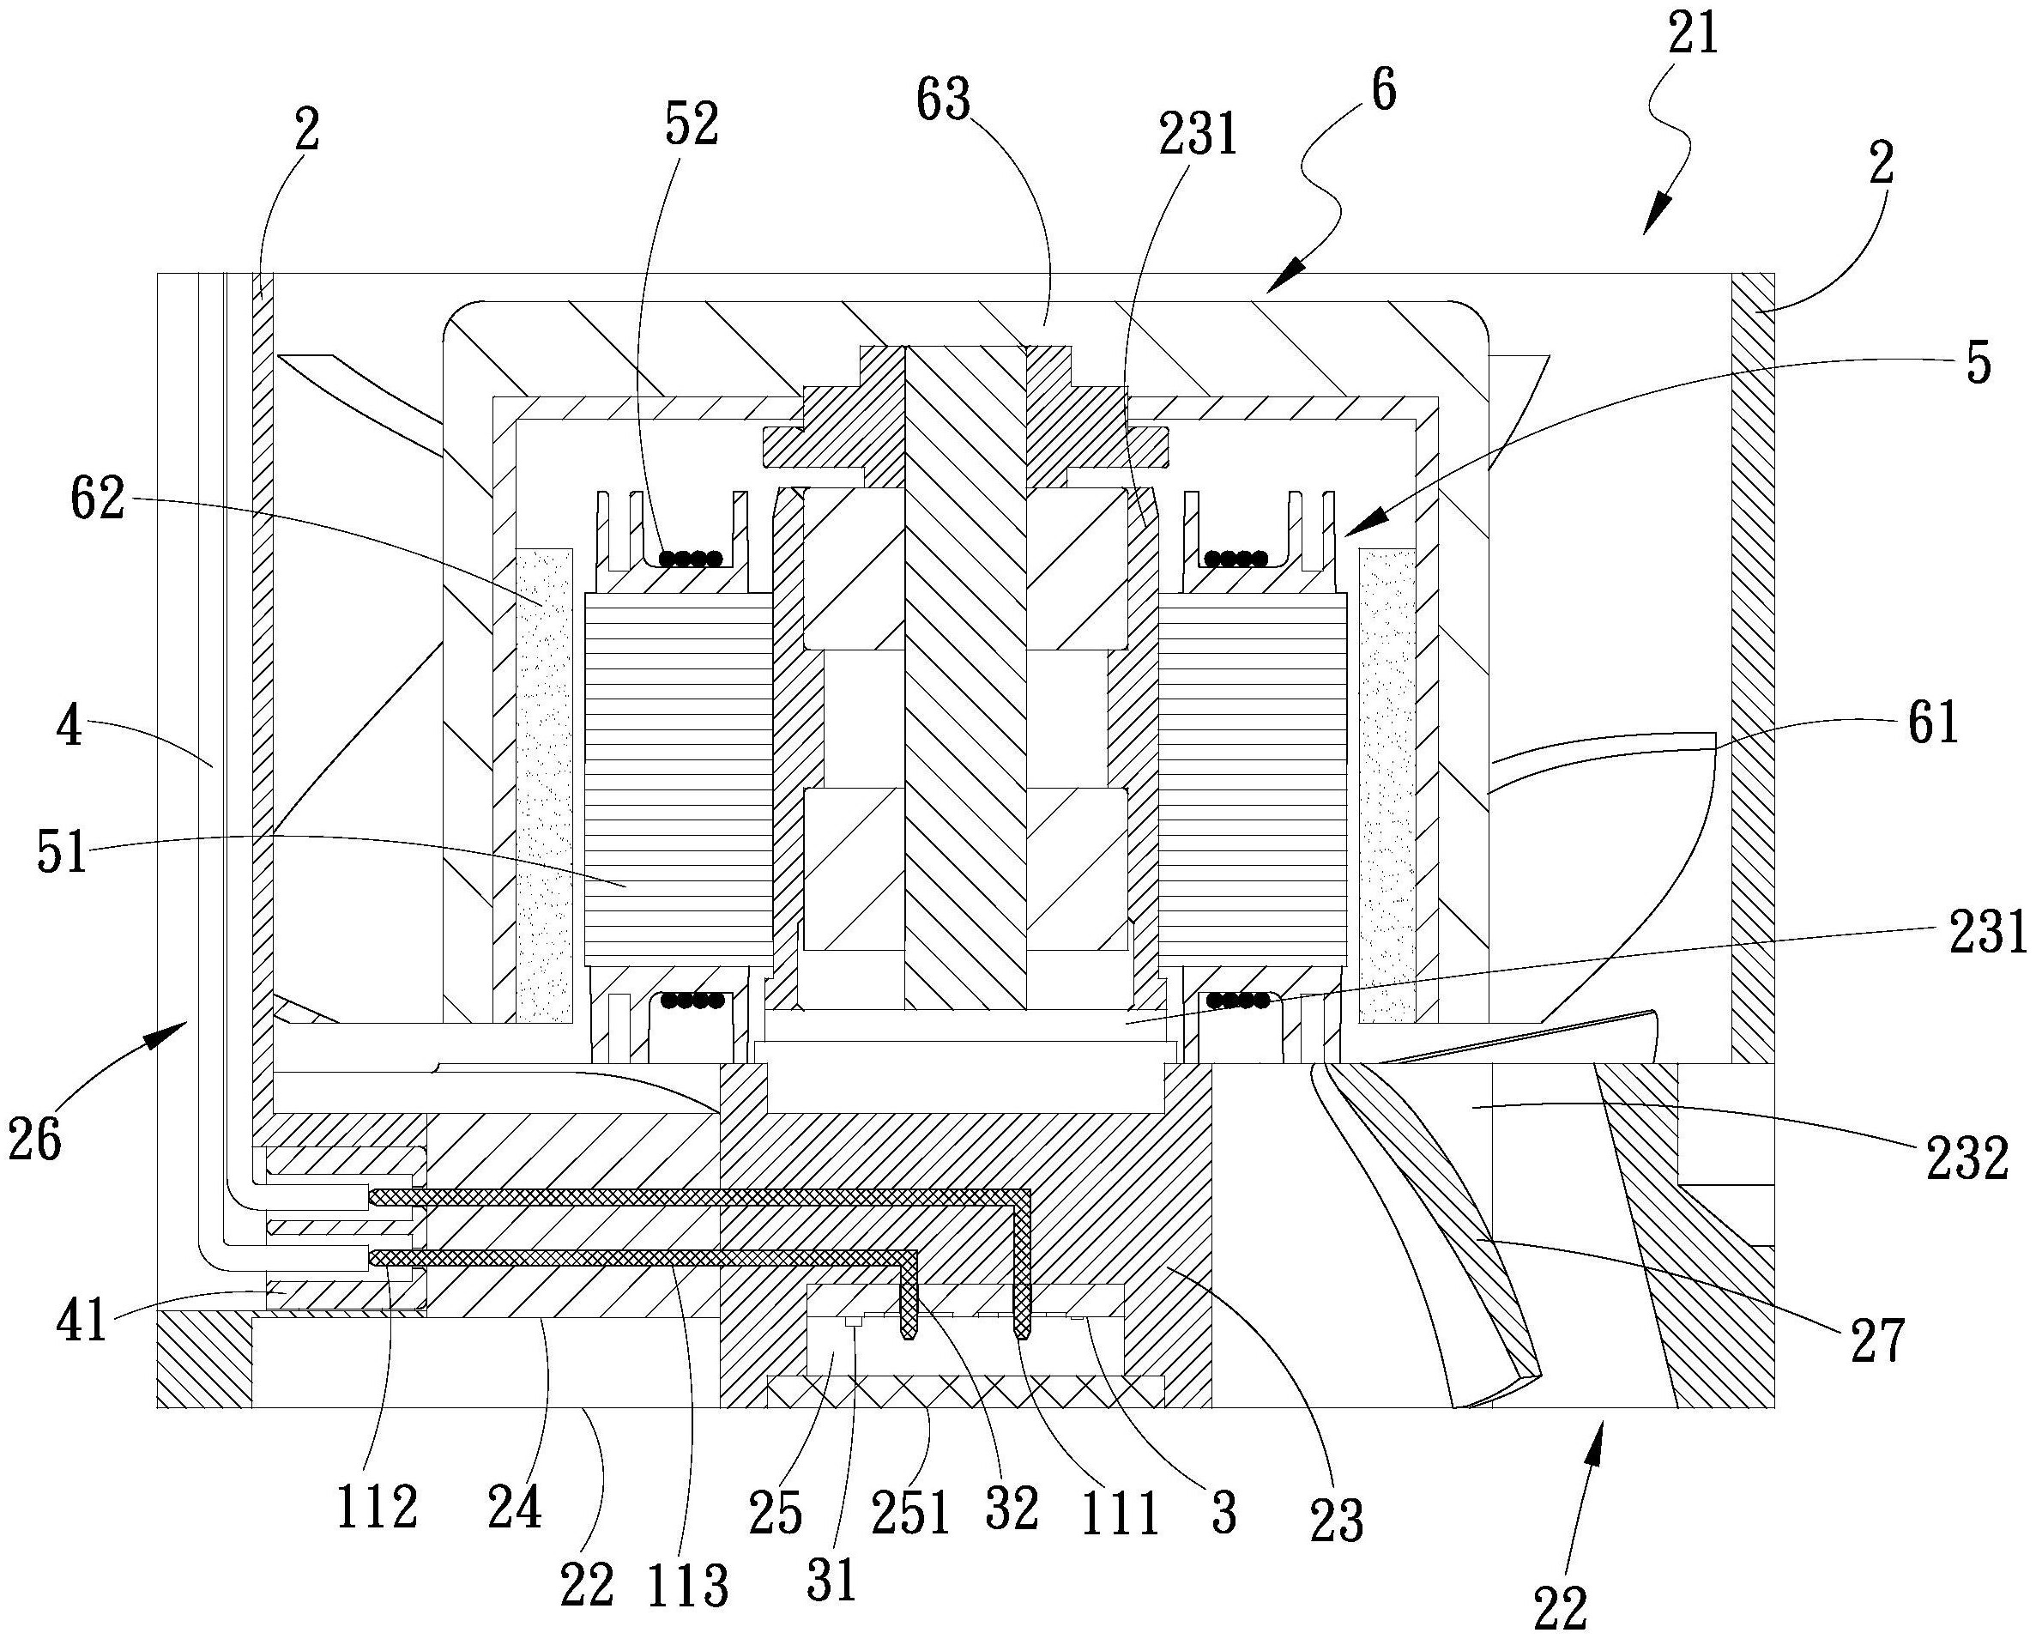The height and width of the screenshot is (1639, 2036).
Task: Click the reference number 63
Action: click(944, 100)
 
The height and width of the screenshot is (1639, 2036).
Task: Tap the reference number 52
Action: click(692, 124)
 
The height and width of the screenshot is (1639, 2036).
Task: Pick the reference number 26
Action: click(35, 1140)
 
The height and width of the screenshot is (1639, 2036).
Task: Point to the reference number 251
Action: click(910, 1514)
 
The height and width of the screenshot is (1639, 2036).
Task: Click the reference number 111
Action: click(1119, 1514)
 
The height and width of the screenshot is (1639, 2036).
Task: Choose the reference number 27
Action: click(1876, 1342)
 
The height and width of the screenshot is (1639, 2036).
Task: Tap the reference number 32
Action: click(1012, 1509)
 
